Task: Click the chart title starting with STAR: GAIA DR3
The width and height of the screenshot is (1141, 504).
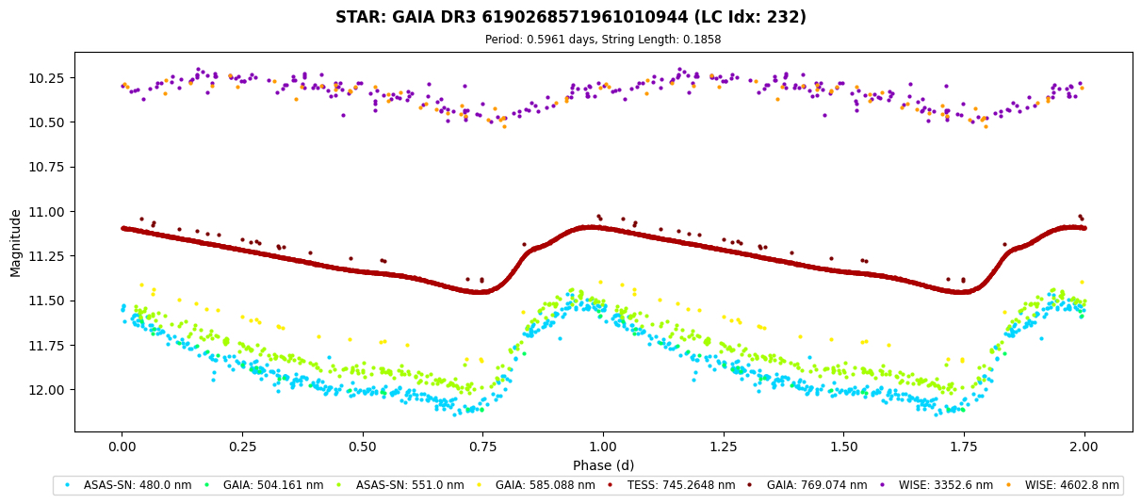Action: point(570,17)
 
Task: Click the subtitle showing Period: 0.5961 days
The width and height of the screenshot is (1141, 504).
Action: point(603,40)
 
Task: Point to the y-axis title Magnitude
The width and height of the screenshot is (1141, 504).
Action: point(15,243)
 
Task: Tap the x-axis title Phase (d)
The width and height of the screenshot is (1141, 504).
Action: point(603,464)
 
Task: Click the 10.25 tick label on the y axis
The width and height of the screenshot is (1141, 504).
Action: point(46,77)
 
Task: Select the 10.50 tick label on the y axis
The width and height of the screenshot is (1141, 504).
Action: point(46,122)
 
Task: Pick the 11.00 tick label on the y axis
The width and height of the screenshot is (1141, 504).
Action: point(46,212)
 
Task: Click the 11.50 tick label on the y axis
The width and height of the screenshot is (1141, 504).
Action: point(46,301)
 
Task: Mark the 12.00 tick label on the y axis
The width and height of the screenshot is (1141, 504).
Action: point(46,390)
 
